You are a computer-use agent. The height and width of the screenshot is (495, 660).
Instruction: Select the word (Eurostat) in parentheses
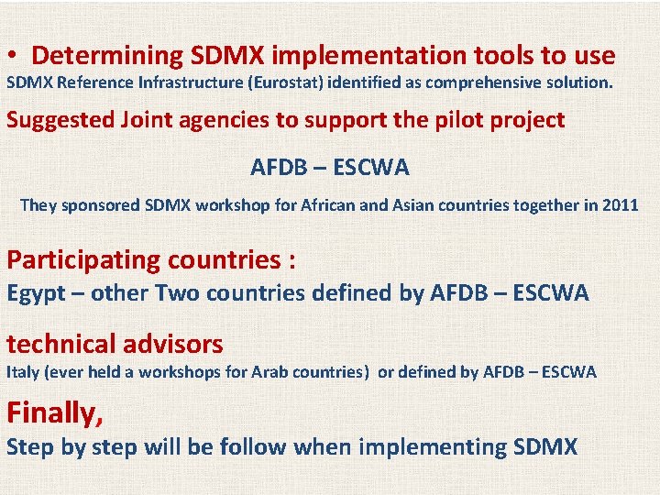coord(283,82)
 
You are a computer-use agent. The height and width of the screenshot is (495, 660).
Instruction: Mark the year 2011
coord(620,205)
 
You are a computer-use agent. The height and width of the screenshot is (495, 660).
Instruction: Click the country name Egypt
coord(35,293)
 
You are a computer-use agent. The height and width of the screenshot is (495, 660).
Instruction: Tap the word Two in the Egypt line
coord(176,293)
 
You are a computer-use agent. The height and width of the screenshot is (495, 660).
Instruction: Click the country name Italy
coord(21,371)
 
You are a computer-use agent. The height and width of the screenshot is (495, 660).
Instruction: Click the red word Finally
coord(53,413)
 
